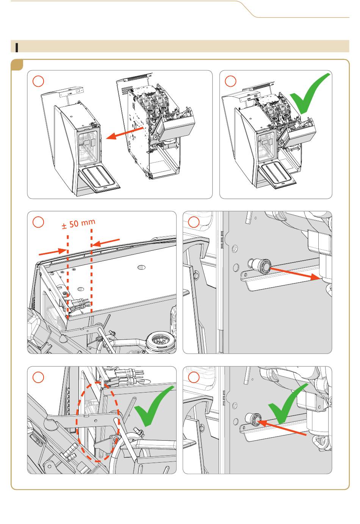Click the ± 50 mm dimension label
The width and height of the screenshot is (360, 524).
(78, 224)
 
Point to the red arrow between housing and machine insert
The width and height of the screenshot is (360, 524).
(124, 133)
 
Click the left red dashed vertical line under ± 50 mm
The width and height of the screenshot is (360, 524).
(68, 276)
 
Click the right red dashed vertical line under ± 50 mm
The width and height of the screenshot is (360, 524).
(91, 270)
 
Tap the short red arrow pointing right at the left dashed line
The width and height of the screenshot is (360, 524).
(53, 252)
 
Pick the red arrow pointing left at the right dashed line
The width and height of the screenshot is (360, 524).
(106, 242)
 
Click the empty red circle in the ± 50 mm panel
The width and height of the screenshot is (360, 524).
(38, 222)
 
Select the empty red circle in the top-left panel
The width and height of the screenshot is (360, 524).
(38, 81)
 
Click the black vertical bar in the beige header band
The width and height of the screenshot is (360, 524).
(17, 47)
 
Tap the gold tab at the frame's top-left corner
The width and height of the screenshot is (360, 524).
(17, 65)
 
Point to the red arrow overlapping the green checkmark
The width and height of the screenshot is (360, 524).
(283, 428)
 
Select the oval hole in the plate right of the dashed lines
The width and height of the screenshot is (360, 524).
(141, 267)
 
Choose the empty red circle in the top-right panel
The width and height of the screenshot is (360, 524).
(230, 81)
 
